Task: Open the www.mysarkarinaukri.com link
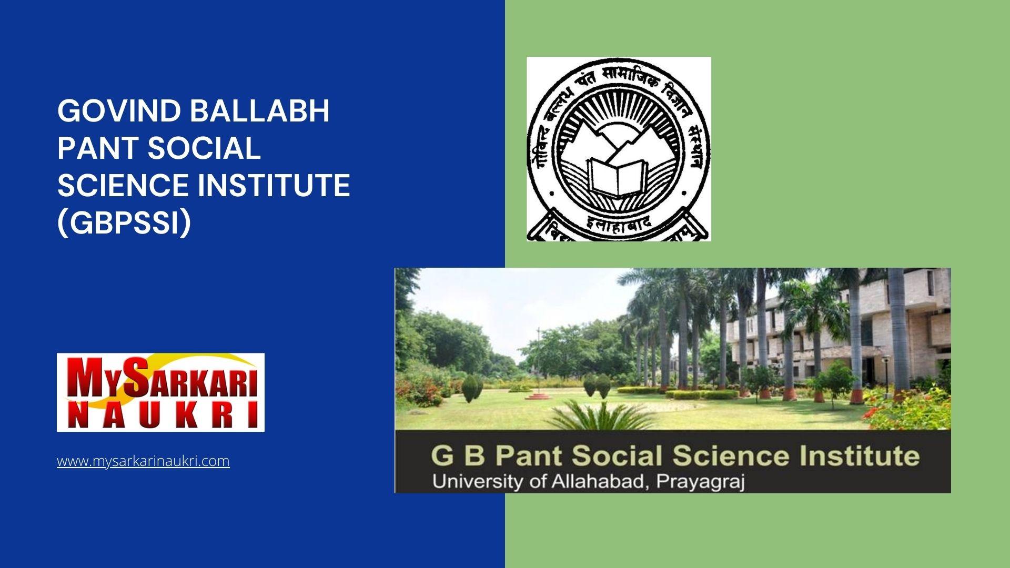coord(143,461)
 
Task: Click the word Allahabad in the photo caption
coord(597,481)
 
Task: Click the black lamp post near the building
coord(886,376)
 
